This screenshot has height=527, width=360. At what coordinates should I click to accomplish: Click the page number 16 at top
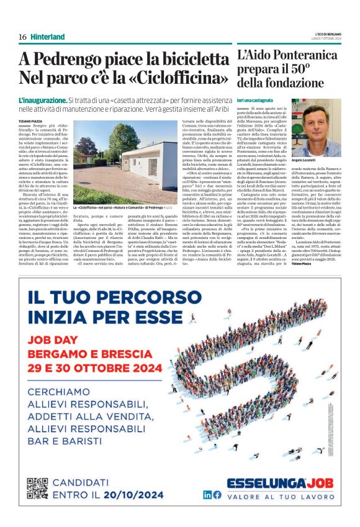point(22,37)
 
